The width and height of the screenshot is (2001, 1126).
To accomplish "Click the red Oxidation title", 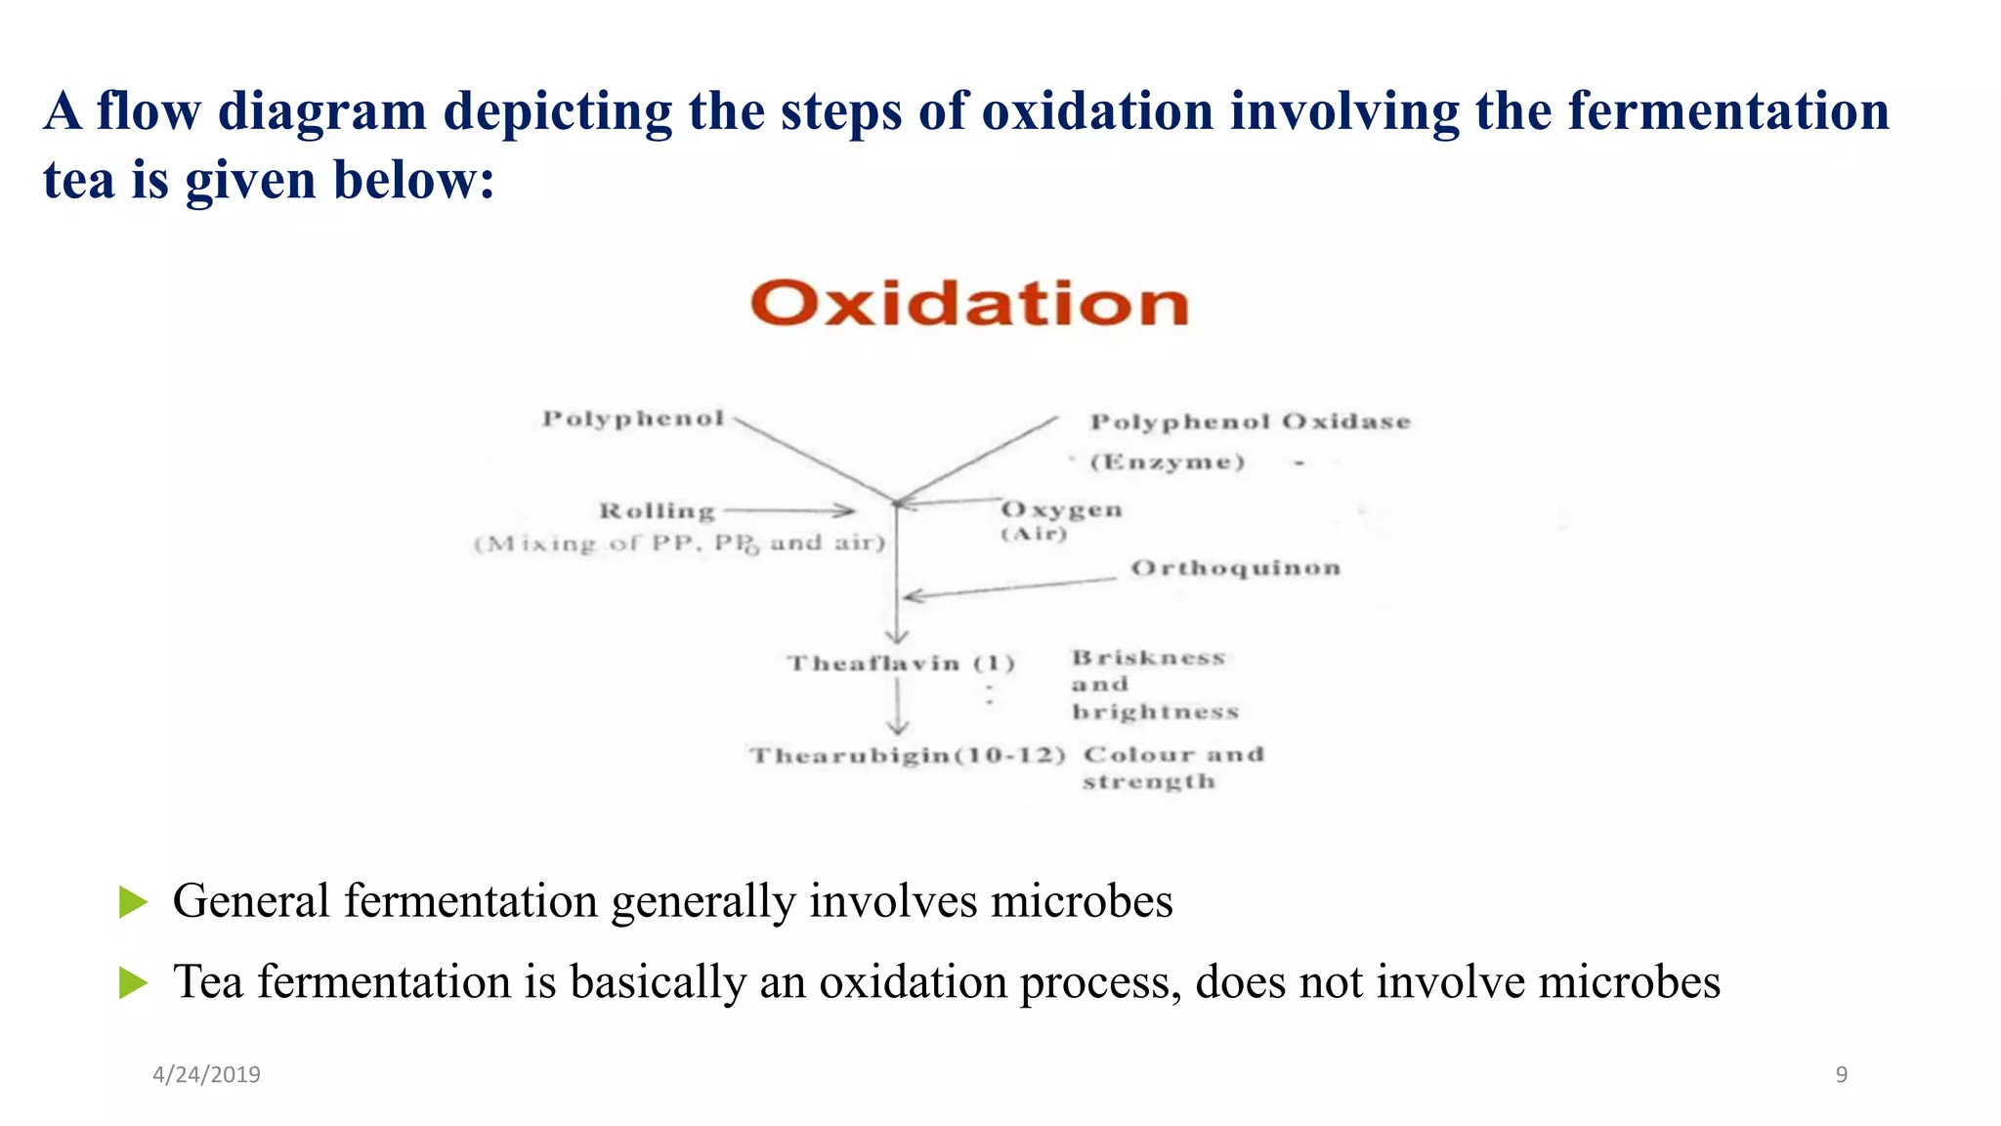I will (969, 303).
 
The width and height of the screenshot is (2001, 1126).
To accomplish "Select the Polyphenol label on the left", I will (633, 419).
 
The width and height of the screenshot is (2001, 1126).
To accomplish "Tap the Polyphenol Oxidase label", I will (1250, 422).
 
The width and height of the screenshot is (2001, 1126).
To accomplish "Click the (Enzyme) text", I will (1168, 462).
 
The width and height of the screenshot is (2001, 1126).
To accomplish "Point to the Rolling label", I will (657, 511).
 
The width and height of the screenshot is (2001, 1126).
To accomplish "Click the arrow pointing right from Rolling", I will (789, 510).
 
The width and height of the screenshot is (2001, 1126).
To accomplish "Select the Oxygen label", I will (1061, 510).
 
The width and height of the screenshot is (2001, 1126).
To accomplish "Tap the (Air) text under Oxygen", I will (1034, 534).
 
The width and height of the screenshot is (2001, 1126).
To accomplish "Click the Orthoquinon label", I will (1235, 569).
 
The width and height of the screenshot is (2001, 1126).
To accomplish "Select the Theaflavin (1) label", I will (901, 664).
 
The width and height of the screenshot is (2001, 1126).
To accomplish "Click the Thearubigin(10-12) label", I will (907, 756).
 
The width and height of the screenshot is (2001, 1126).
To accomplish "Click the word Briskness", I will (1148, 658).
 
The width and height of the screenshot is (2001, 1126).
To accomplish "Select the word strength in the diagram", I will (1148, 782).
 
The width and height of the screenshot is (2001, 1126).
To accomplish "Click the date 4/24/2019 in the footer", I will (206, 1075).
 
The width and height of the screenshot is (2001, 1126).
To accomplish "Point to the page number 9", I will (1841, 1075).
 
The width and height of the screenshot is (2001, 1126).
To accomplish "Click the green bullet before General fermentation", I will (133, 901).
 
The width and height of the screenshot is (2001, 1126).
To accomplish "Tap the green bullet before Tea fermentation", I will (133, 982).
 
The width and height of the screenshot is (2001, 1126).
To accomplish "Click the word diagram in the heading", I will (321, 111).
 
